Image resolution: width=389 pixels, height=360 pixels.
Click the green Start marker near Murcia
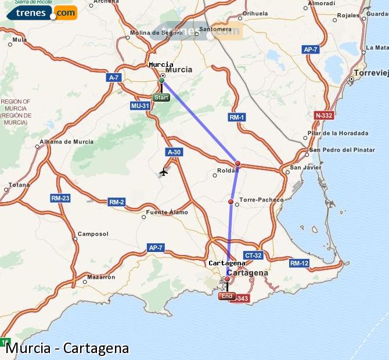[161, 98]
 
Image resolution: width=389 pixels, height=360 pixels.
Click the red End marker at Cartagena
[226, 296]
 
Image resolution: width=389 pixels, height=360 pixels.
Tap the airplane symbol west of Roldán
[164, 172]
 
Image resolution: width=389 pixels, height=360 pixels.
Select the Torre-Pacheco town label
[261, 199]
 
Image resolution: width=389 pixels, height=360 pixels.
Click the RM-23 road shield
[60, 198]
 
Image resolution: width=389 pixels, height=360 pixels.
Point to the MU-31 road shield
[140, 106]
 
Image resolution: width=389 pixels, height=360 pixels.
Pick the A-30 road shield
[174, 152]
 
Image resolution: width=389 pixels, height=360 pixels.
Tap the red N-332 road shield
[323, 116]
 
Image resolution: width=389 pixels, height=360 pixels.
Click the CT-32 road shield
[254, 255]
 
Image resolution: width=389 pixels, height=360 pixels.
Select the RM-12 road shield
[299, 263]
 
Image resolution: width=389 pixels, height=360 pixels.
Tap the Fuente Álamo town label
[167, 212]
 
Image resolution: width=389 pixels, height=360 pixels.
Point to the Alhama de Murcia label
[66, 142]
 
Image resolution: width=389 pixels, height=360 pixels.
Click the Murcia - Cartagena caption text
[67, 348]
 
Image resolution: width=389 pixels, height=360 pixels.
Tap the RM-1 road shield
[237, 117]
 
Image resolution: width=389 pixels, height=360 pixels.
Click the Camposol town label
[93, 234]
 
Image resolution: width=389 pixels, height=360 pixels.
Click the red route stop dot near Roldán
[237, 163]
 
